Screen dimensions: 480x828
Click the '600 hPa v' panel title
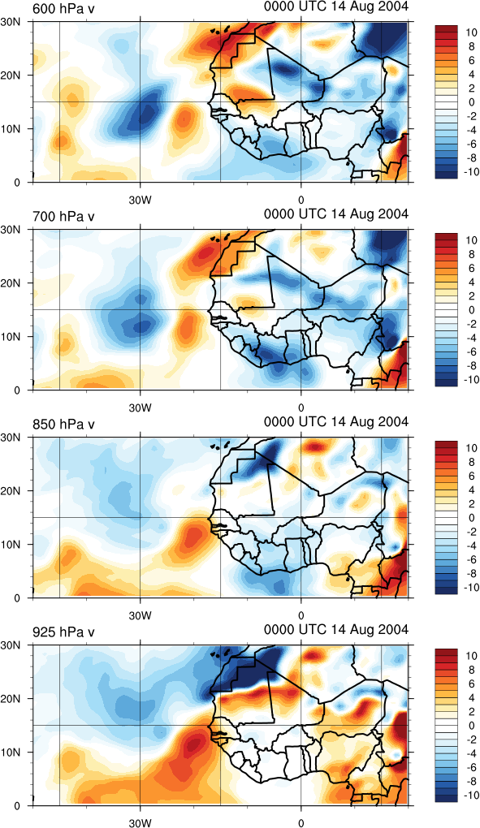(x=64, y=8)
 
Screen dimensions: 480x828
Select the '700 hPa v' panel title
(x=64, y=217)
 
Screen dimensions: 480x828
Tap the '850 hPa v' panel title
(x=64, y=424)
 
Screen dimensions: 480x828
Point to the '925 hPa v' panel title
(x=64, y=632)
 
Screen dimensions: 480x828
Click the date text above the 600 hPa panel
(x=336, y=6)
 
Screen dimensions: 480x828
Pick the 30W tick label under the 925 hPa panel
(x=140, y=822)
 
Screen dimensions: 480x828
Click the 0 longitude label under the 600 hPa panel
(x=301, y=200)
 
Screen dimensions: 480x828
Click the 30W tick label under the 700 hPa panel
(x=140, y=408)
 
